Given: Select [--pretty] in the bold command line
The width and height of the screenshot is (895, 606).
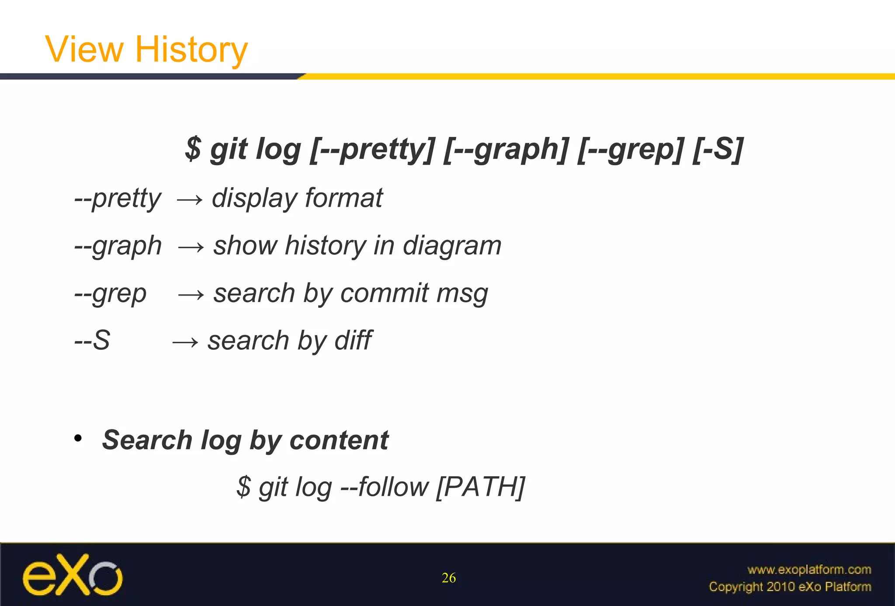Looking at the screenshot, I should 372,149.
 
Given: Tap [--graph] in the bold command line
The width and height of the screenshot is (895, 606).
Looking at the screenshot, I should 506,149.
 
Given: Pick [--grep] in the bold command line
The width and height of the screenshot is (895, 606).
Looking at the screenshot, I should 631,149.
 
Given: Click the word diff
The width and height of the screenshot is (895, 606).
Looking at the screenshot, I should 353,340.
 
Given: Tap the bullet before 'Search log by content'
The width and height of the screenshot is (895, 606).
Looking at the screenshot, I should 78,438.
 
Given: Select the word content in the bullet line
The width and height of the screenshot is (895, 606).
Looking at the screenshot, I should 339,440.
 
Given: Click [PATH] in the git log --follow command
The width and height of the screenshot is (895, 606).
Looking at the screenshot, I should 481,487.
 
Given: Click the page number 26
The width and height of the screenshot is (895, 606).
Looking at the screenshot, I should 449,578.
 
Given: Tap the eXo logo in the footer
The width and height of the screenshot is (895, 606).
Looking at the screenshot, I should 73,575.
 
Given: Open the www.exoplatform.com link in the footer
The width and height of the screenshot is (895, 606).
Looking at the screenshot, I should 809,570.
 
